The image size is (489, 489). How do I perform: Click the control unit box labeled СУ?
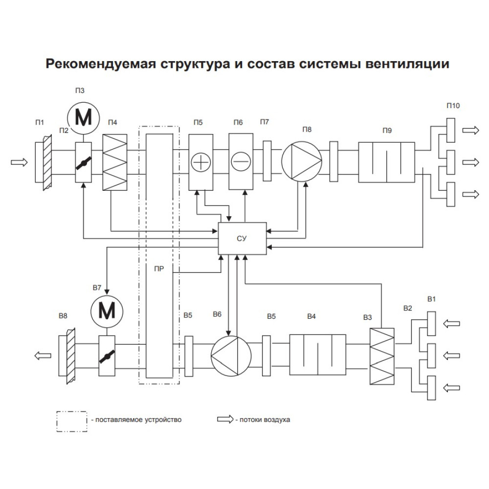click(242, 238)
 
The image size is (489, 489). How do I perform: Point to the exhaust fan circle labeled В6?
click(231, 356)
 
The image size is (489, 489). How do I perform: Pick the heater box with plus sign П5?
click(201, 162)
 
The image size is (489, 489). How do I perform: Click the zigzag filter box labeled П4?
click(115, 162)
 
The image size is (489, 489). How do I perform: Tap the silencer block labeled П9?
click(387, 162)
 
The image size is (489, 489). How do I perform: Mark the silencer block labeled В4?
click(318, 355)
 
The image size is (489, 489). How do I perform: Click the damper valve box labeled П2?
click(84, 162)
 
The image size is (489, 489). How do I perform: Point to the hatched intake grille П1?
click(44, 162)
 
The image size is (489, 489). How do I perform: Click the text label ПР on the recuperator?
click(159, 269)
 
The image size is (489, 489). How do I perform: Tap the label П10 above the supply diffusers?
click(453, 106)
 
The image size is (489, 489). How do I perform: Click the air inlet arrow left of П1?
click(19, 162)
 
